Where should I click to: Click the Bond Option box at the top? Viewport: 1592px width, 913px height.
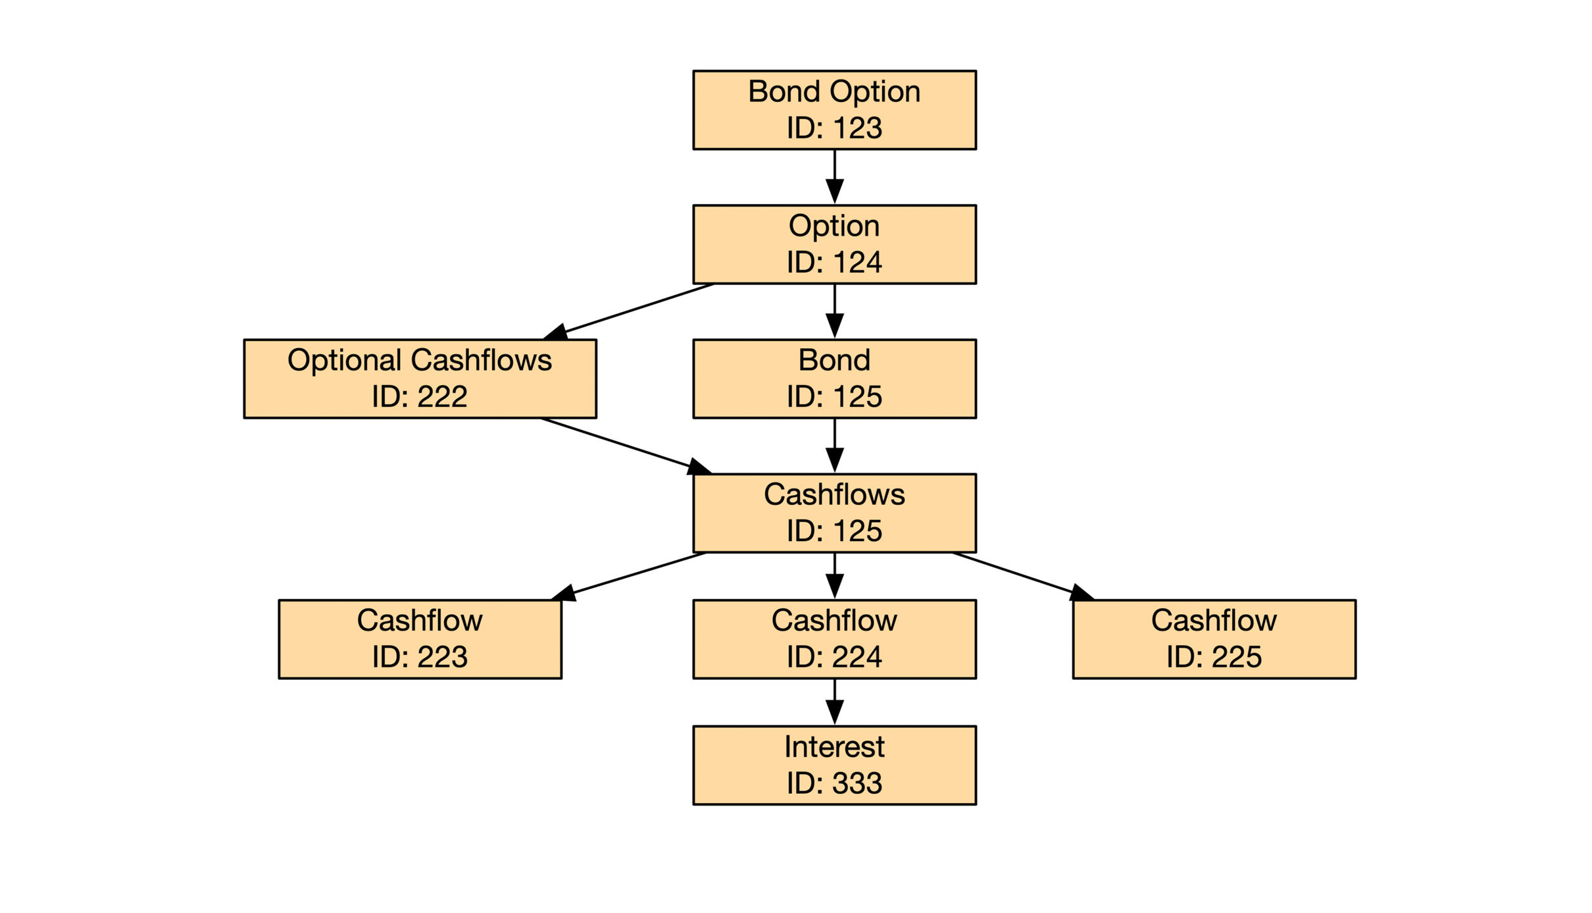tap(834, 110)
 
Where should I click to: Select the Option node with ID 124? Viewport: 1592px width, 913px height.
tap(834, 244)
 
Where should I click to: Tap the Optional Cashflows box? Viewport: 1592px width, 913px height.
tap(420, 378)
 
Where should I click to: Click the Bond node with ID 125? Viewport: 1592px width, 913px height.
tap(834, 378)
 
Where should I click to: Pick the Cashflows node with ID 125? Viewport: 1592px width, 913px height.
tap(834, 513)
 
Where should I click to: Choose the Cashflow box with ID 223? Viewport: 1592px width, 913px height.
tap(420, 639)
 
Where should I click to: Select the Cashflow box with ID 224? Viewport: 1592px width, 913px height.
tap(834, 639)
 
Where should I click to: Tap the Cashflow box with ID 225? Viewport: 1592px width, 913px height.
tap(1214, 639)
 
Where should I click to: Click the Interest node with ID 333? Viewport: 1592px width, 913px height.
tap(834, 766)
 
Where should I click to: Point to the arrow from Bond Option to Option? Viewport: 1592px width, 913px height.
tap(834, 177)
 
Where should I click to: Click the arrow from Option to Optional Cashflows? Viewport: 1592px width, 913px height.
tap(629, 311)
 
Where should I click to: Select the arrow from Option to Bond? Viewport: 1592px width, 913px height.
tap(834, 311)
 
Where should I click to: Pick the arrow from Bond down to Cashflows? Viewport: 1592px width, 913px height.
tap(834, 446)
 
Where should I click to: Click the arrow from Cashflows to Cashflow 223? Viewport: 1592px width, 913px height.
tap(628, 576)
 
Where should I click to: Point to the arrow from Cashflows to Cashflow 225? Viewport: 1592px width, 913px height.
tap(1023, 576)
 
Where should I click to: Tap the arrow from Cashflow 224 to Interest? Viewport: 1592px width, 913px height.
tap(834, 702)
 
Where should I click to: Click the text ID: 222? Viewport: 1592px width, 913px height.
tap(420, 396)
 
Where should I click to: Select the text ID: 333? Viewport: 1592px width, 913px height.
tap(834, 783)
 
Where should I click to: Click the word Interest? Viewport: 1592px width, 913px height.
tap(834, 746)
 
